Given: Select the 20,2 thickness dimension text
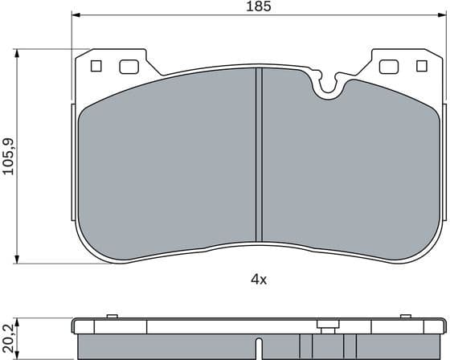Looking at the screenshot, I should pos(8,336).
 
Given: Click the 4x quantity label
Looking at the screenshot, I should pos(258,280).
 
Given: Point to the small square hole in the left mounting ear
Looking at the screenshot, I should pos(97,67).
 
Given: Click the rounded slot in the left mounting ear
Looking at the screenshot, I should pos(129,67).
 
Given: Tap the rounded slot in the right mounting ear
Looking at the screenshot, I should pos(388,67).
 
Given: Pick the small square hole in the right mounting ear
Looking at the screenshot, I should pos(419,67).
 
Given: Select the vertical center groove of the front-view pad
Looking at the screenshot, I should pos(259,153).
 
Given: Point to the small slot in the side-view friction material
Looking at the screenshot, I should pos(258,347).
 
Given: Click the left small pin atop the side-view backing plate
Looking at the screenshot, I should pos(112,315).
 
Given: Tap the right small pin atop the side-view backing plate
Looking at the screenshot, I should pos(403,315).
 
